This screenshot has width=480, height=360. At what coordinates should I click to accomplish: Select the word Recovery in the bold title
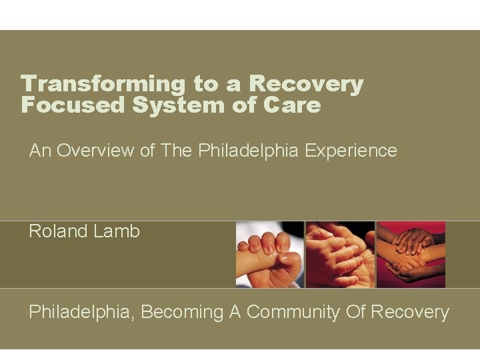pyautogui.click(x=306, y=84)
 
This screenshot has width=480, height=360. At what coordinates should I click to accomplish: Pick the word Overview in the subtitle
pyautogui.click(x=96, y=151)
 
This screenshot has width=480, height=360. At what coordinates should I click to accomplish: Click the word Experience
pyautogui.click(x=351, y=151)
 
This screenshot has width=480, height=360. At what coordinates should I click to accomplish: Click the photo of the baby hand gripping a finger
pyautogui.click(x=269, y=255)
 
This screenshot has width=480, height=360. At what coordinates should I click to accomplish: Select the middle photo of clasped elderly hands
pyautogui.click(x=340, y=255)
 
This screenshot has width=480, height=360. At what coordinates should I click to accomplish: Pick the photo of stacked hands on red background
pyautogui.click(x=411, y=255)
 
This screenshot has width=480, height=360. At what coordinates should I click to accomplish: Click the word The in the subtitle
pyautogui.click(x=177, y=151)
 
